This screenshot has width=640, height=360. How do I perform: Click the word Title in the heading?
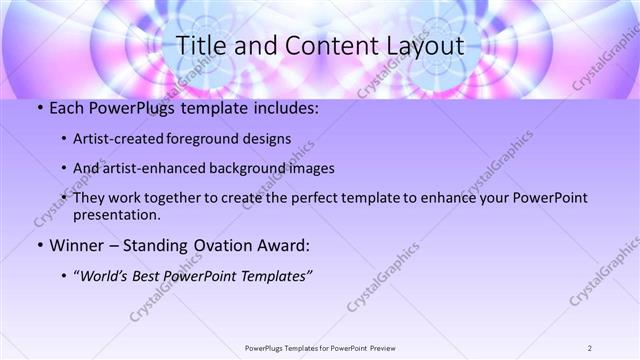200,46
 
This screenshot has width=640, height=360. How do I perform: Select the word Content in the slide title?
316,46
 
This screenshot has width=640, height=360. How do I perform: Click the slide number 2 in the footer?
590,348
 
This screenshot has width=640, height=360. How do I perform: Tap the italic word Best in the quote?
150,276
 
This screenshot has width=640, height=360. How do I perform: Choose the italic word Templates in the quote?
276,276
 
